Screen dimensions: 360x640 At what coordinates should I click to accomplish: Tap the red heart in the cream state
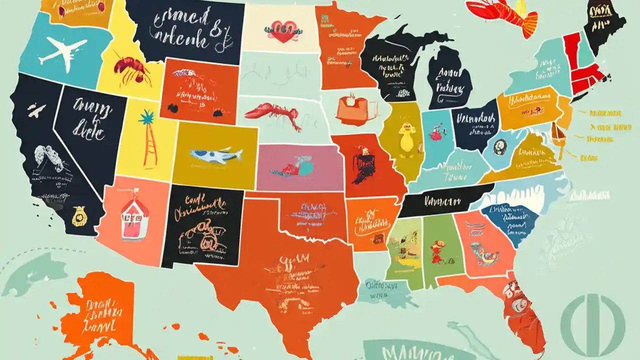click(283, 31)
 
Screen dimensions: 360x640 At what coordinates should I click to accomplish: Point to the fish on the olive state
click(216, 155)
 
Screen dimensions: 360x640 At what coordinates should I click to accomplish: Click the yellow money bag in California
click(78, 216)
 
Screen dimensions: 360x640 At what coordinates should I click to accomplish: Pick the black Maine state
click(605, 25)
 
